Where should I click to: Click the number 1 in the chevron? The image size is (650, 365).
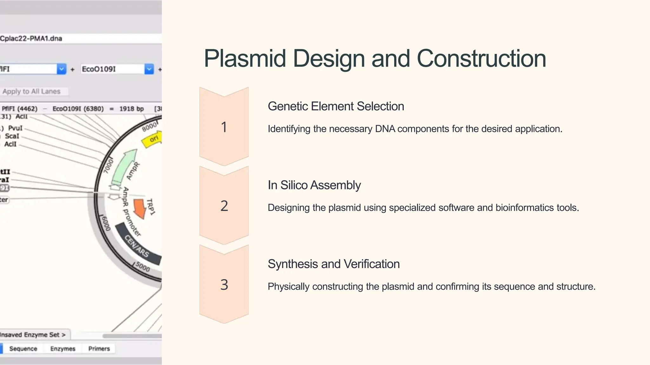click(224, 127)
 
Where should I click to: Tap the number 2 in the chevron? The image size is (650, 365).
click(224, 206)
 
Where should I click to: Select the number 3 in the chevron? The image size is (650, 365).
click(224, 285)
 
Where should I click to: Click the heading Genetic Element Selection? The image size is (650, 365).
click(336, 106)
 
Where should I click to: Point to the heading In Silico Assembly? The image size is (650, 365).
click(314, 185)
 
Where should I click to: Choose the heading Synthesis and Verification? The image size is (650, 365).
click(334, 264)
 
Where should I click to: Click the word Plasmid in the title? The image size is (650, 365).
click(245, 59)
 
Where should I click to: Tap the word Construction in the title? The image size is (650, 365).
click(481, 59)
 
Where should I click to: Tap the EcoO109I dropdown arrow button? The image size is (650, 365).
click(149, 69)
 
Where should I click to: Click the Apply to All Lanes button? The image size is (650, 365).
click(32, 92)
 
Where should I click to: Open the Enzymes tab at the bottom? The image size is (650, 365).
click(63, 349)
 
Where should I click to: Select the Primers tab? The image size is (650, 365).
click(99, 349)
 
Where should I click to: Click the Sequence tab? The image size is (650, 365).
click(23, 349)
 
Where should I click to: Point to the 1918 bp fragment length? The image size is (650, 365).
click(131, 109)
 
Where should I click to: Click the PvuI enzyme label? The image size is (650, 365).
click(15, 128)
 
